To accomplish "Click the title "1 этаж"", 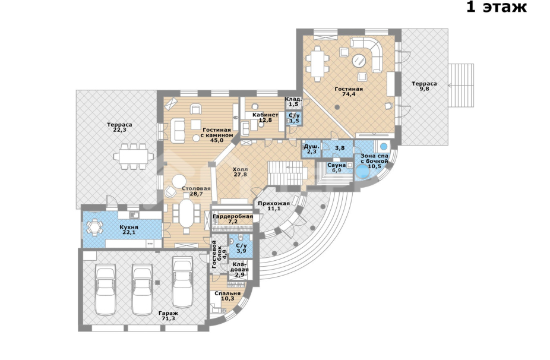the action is click(497, 7).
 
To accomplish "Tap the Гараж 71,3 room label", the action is click(168, 316).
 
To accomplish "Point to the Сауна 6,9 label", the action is click(336, 168).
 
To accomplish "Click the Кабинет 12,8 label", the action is click(265, 117).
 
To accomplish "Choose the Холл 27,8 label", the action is click(240, 172).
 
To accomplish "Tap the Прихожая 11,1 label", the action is click(274, 206).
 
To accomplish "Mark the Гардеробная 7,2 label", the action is click(233, 219).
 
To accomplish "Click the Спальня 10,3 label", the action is click(227, 296).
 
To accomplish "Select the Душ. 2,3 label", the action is click(311, 149).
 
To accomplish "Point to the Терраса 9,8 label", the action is click(425, 86).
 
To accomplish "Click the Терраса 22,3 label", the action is click(119, 127).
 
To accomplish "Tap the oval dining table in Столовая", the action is click(187, 213).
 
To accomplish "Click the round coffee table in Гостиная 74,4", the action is click(359, 61).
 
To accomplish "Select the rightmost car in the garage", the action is click(182, 282).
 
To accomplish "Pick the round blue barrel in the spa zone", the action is click(362, 172).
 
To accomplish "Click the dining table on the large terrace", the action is click(132, 156).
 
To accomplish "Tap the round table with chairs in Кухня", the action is click(94, 227).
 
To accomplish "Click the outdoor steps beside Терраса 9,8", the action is click(461, 86).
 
